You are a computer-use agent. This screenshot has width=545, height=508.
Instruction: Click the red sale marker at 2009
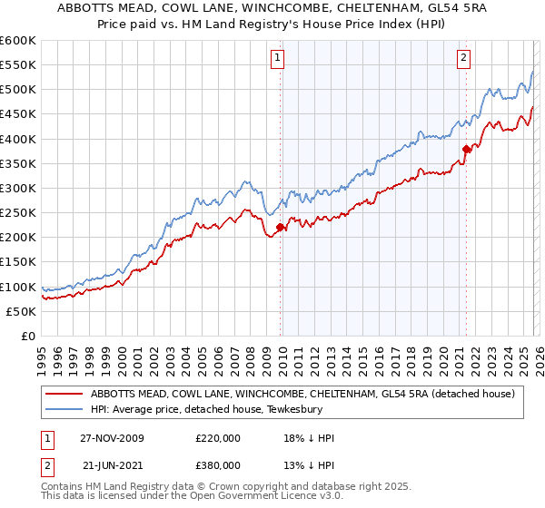(x=280, y=228)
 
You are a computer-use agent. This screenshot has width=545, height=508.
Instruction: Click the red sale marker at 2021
(x=466, y=149)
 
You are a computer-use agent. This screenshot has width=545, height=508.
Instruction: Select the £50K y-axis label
(x=21, y=311)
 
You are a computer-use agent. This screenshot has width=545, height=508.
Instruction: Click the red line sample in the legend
(x=64, y=394)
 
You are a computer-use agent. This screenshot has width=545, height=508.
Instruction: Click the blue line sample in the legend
(x=64, y=409)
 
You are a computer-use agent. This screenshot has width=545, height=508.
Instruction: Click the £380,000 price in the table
(x=218, y=464)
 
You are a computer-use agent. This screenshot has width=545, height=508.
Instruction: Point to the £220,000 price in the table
(x=218, y=438)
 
